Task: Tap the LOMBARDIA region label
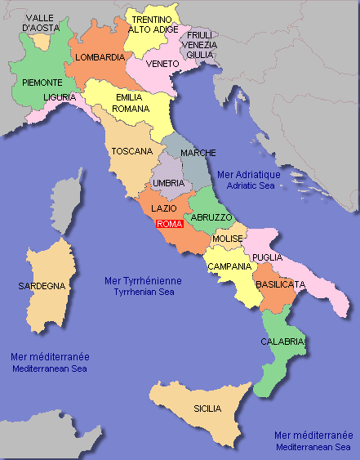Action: pos(100,58)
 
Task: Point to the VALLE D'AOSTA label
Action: pos(41,23)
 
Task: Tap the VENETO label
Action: pos(162,63)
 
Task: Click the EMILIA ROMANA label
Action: pos(130,102)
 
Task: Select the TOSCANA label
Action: pos(133,151)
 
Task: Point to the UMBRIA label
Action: pos(168,183)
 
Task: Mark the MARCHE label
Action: pos(198,154)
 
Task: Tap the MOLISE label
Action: pos(228,239)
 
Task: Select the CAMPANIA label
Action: pos(229,267)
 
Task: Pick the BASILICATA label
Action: pos(280,284)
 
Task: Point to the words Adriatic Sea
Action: pos(249,186)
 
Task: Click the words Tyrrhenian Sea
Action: pos(144,292)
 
